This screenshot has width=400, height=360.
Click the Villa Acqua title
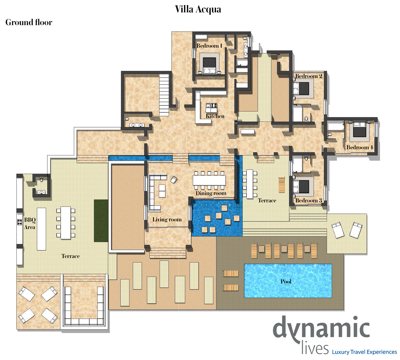click(x=198, y=9)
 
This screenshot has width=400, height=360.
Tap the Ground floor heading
click(x=29, y=22)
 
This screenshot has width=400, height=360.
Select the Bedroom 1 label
click(x=209, y=46)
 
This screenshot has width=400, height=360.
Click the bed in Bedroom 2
click(x=301, y=88)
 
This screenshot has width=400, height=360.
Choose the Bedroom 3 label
click(x=309, y=200)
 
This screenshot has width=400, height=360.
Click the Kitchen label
click(x=215, y=116)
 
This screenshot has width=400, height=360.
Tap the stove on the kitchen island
click(x=214, y=105)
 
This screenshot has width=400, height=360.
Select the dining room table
click(x=209, y=180)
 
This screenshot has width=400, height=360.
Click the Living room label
click(x=167, y=219)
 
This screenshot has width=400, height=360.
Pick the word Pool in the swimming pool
click(x=286, y=281)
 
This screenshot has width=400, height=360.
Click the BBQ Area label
click(x=30, y=223)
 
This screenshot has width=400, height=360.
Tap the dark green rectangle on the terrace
click(x=101, y=221)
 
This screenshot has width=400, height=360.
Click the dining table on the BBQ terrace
click(x=66, y=223)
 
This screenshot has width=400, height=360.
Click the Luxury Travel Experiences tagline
click(x=364, y=352)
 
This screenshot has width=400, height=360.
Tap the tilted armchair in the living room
click(x=174, y=180)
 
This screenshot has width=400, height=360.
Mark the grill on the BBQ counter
click(x=20, y=222)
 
